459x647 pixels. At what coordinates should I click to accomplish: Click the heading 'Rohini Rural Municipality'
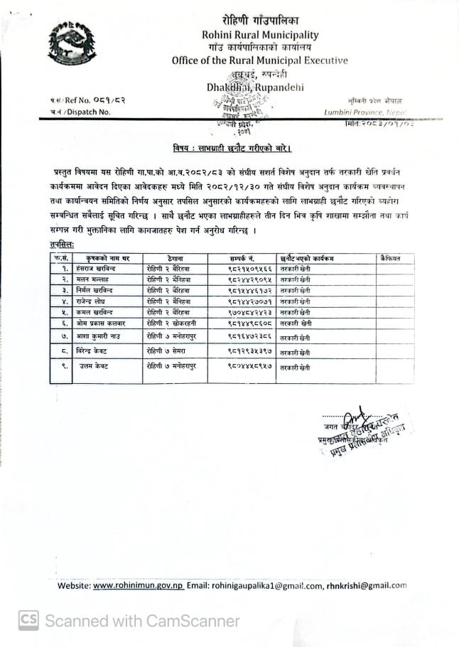[x=260, y=34]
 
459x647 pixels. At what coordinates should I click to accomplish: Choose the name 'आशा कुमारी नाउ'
[x=102, y=336]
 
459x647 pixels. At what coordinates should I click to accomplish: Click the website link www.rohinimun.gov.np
[x=139, y=586]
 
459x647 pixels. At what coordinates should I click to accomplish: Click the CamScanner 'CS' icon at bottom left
[x=28, y=621]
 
